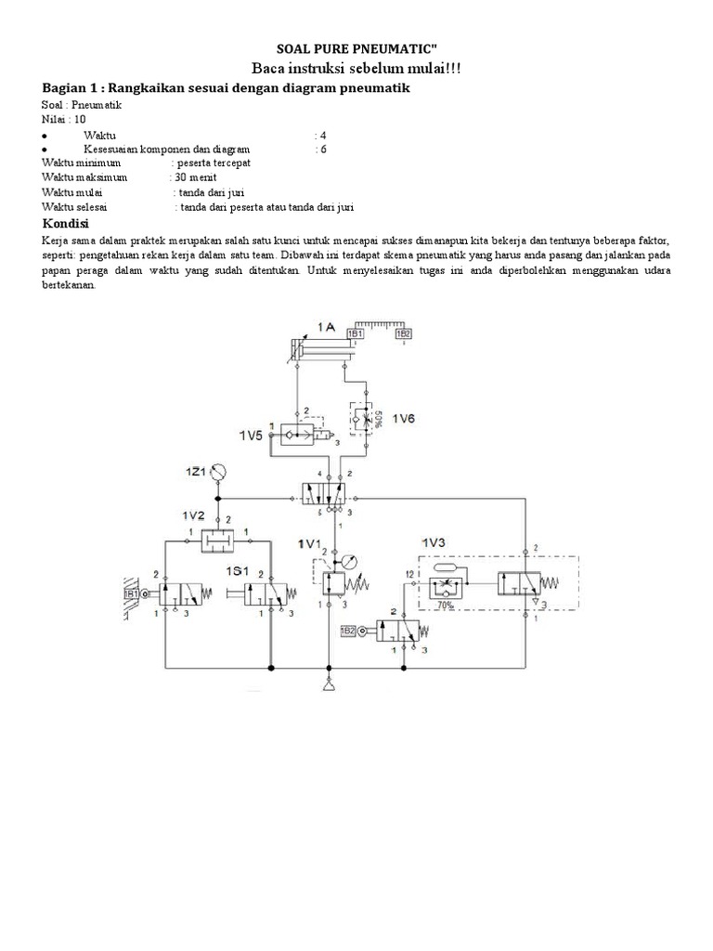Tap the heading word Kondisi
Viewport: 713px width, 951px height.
pos(66,226)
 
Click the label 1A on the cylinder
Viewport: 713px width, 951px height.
pos(326,328)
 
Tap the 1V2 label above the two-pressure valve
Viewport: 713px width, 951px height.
pos(193,514)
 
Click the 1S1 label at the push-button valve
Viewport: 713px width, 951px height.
pos(238,569)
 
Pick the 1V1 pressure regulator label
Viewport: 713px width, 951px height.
pos(309,542)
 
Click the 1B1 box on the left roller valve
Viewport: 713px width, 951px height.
pos(131,592)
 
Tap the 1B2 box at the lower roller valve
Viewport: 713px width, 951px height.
pos(347,632)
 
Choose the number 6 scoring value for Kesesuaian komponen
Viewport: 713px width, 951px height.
pos(322,148)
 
